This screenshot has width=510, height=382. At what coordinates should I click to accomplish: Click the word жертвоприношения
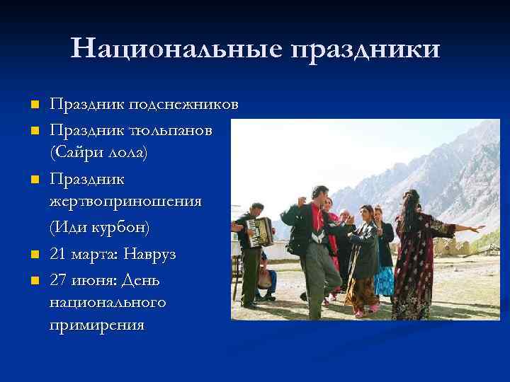click(125, 202)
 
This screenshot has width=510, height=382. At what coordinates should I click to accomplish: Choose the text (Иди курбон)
click(99, 228)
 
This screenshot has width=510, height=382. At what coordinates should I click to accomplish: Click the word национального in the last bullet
click(108, 303)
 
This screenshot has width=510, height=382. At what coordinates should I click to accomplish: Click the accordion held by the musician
click(261, 231)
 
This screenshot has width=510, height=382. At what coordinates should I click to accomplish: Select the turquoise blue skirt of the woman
click(384, 279)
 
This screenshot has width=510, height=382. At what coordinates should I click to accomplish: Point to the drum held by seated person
click(266, 278)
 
